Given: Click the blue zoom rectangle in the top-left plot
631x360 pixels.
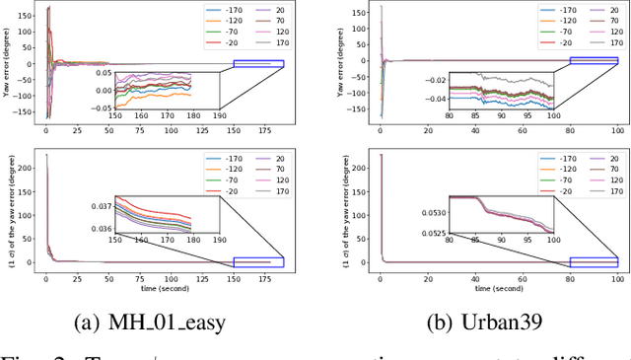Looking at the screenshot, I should tap(258, 64).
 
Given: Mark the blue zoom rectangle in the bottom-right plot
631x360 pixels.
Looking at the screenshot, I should tap(594, 261).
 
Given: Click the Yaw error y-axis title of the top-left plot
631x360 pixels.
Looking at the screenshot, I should tap(10, 62).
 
